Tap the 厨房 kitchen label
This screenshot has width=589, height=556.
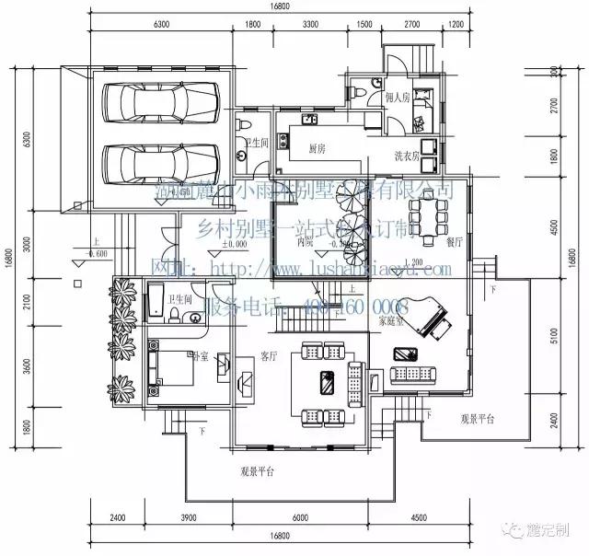pos(318,148)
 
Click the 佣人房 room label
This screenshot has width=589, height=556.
pos(397,95)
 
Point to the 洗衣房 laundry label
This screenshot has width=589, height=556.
pos(407,155)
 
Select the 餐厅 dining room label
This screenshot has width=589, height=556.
pos(454,243)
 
